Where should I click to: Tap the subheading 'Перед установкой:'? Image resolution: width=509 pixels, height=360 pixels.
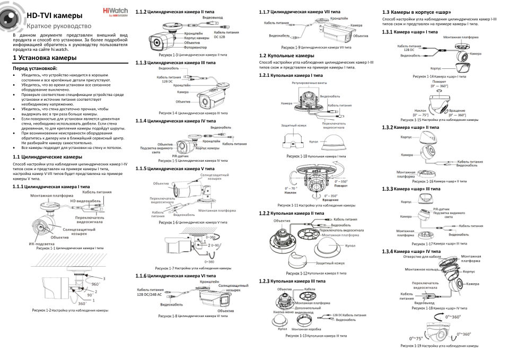pos(34,68)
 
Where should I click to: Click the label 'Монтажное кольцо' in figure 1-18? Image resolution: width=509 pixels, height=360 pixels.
pos(422,269)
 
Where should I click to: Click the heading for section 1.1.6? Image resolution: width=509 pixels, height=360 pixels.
pos(175,276)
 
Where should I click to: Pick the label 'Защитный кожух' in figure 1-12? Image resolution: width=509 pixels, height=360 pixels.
pos(330,263)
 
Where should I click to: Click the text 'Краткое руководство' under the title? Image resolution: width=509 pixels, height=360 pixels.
pos(59,26)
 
